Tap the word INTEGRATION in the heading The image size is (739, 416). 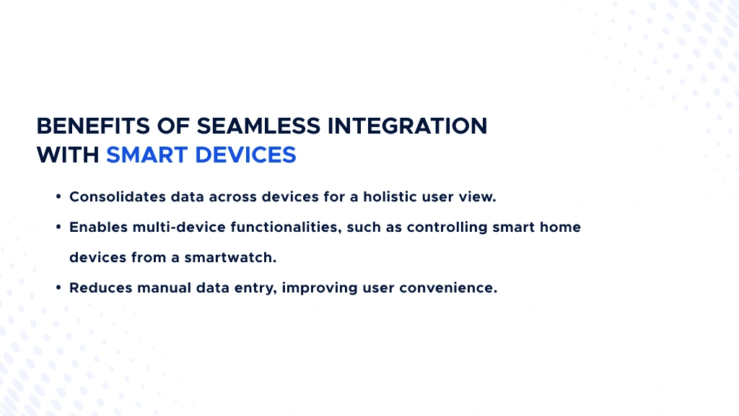tap(408, 126)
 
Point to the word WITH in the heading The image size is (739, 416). tap(68, 155)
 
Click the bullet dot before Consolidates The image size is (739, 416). tap(58, 197)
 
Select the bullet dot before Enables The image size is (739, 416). tap(58, 227)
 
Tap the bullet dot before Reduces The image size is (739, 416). tap(58, 288)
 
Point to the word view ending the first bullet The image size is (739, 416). tap(480, 196)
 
